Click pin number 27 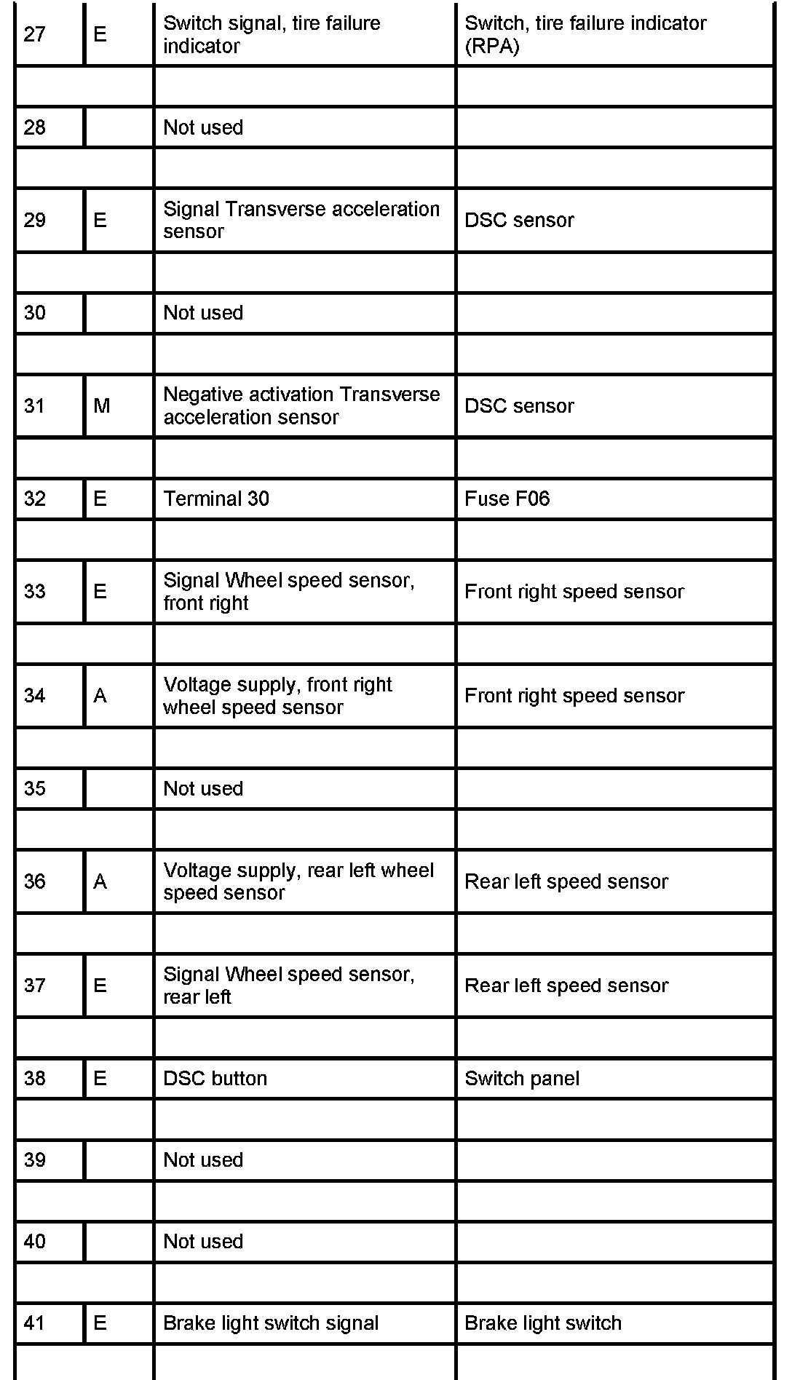pyautogui.click(x=35, y=34)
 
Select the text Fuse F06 pyautogui.click(x=507, y=499)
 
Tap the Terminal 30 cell pyautogui.click(x=216, y=499)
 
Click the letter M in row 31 pyautogui.click(x=101, y=406)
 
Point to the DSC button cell pyautogui.click(x=215, y=1078)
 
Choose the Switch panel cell pyautogui.click(x=522, y=1078)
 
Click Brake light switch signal pyautogui.click(x=271, y=1322)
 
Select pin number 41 pyautogui.click(x=35, y=1322)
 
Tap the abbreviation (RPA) pyautogui.click(x=492, y=46)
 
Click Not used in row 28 pyautogui.click(x=203, y=127)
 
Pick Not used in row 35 pyautogui.click(x=203, y=788)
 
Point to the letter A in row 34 pyautogui.click(x=100, y=696)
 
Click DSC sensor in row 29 pyautogui.click(x=519, y=220)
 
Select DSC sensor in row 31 pyautogui.click(x=519, y=406)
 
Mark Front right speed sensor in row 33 pyautogui.click(x=574, y=591)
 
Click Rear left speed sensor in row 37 pyautogui.click(x=566, y=986)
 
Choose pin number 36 pyautogui.click(x=35, y=881)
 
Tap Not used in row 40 pyautogui.click(x=203, y=1241)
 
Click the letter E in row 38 pyautogui.click(x=100, y=1078)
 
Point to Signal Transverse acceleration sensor pyautogui.click(x=301, y=220)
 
